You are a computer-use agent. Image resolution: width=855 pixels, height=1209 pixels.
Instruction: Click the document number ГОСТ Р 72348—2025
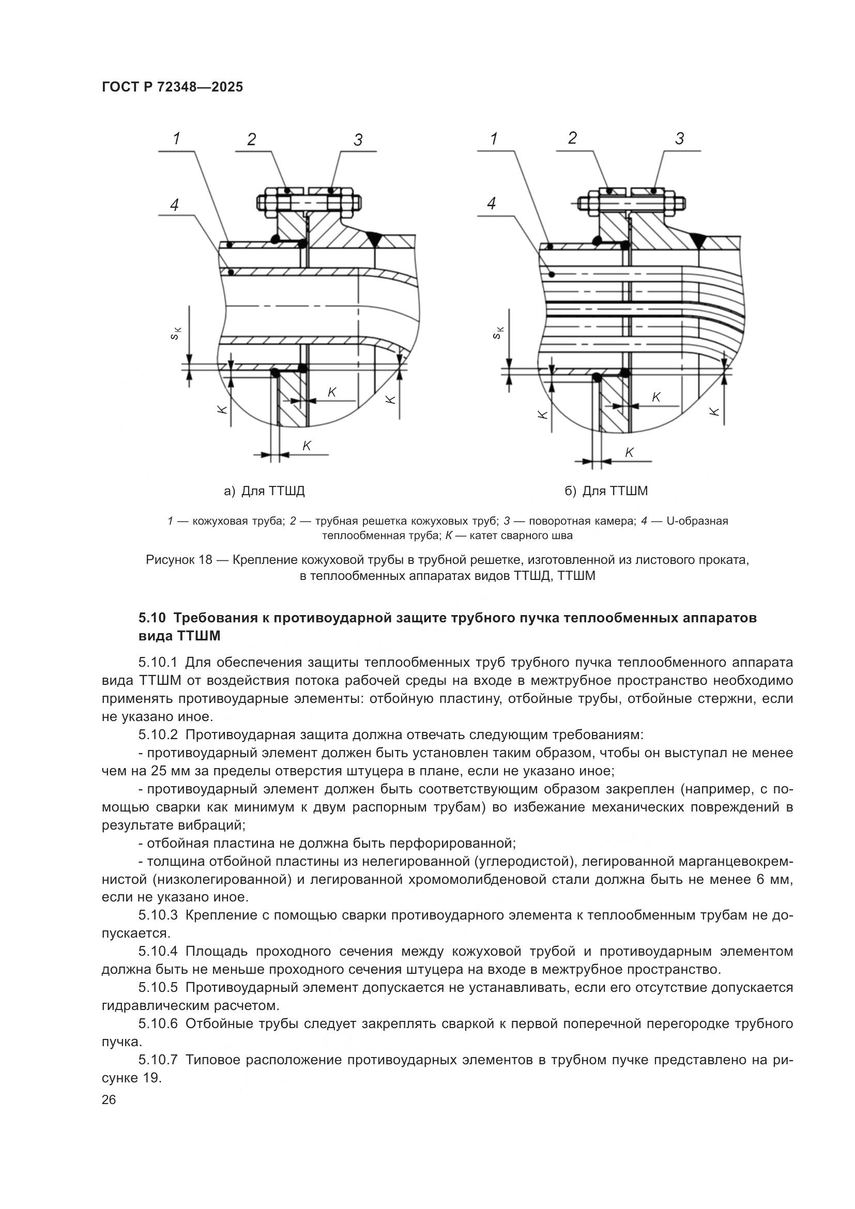pyautogui.click(x=172, y=87)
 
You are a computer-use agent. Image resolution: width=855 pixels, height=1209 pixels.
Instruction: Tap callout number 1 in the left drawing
pyautogui.click(x=177, y=139)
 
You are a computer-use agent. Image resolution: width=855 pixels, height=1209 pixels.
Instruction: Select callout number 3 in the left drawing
pyautogui.click(x=358, y=140)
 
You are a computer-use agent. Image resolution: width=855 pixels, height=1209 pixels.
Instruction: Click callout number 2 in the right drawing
pyautogui.click(x=572, y=138)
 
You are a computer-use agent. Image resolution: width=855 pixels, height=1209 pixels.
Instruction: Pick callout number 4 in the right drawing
pyautogui.click(x=492, y=203)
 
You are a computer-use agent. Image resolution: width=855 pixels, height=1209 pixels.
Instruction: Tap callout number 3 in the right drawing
pyautogui.click(x=680, y=139)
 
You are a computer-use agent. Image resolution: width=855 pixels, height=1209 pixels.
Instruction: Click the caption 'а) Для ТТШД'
pyautogui.click(x=264, y=491)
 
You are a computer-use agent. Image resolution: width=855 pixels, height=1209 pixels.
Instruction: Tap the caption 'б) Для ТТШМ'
pyautogui.click(x=606, y=491)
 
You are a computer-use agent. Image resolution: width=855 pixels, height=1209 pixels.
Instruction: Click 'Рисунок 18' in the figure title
pyautogui.click(x=178, y=560)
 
